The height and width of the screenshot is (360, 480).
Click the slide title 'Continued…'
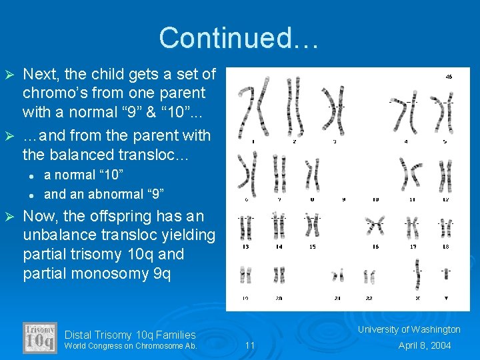(x=239, y=38)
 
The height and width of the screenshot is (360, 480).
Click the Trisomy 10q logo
(x=40, y=338)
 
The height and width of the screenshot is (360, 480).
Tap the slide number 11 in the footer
(x=250, y=345)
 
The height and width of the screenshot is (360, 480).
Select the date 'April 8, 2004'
(x=425, y=345)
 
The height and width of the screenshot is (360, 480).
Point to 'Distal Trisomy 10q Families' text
(x=130, y=335)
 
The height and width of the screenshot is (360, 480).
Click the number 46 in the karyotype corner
(x=449, y=77)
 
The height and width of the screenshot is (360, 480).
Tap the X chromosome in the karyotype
(x=418, y=273)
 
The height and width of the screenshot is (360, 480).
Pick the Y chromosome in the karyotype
(x=445, y=273)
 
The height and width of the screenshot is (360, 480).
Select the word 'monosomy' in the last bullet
(x=101, y=273)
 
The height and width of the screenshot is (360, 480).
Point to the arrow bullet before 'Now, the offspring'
(x=9, y=216)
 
